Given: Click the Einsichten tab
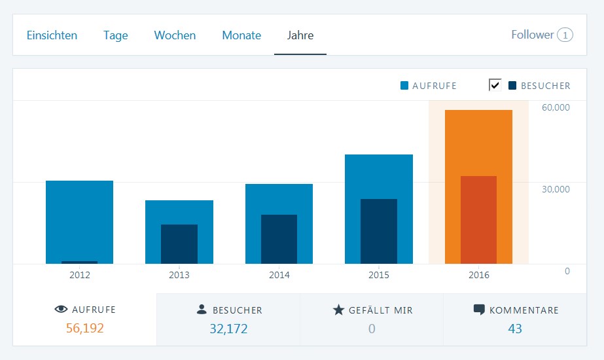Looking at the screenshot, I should click(52, 35).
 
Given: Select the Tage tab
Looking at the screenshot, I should click(115, 35).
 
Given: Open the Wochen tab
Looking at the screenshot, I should click(175, 35).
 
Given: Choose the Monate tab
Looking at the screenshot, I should click(241, 35).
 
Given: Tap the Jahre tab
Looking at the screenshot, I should click(300, 35).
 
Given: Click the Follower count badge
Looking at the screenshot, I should click(565, 35).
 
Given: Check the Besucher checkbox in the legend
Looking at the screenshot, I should click(495, 85).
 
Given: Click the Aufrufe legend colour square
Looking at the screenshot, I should click(404, 86).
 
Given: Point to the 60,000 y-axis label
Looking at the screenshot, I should click(556, 107).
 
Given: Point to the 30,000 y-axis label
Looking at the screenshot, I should click(556, 189).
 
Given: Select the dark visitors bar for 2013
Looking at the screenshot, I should click(179, 243).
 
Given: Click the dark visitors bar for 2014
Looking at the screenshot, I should click(279, 239).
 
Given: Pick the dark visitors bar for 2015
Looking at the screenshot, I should click(379, 231).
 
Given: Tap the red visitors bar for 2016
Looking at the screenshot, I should click(478, 219).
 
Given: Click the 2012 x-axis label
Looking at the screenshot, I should click(80, 275).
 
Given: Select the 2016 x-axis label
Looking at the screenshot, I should click(478, 275).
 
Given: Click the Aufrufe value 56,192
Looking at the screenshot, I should click(84, 329).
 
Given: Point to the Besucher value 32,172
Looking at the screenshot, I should click(228, 329).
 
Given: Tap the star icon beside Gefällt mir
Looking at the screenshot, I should click(338, 310).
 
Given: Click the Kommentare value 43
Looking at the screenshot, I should click(515, 329).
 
